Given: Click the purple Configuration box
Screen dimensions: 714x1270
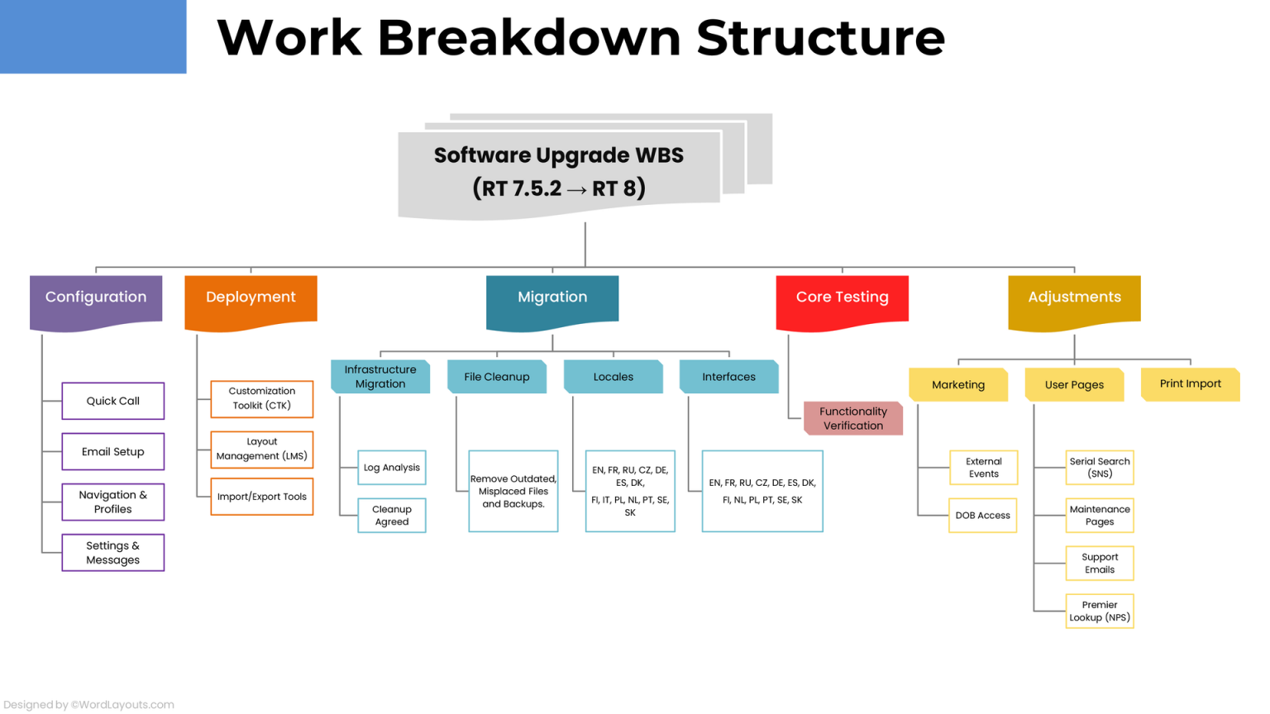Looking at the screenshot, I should coord(96,298).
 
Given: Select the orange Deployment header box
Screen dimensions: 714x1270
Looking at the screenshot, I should coord(251,298).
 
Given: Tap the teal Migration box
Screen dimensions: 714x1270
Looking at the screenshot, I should coord(552,298).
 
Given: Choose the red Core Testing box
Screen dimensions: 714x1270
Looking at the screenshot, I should coord(842,298).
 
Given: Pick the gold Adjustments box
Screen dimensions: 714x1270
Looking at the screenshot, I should coord(1074,298).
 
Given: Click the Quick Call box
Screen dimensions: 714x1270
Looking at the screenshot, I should coord(113,401).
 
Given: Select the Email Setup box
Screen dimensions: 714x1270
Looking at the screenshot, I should coord(113,451).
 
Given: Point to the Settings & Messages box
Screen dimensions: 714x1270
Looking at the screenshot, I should coord(113,552).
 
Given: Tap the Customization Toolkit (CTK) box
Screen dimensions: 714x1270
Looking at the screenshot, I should coord(262,398).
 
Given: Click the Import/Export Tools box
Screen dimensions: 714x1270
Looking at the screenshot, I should coord(262,497).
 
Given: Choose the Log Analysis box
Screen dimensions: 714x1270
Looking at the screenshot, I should coord(392,468).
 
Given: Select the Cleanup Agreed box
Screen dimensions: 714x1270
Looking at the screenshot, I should coord(392,516).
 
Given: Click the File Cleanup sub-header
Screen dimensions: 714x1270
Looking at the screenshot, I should coord(497,377).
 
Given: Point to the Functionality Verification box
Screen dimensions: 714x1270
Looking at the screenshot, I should coord(853,418).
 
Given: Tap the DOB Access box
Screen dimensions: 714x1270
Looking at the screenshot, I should coord(983,516).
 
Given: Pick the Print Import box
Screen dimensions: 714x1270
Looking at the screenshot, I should coord(1190,384).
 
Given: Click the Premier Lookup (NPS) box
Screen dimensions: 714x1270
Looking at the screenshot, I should coord(1100,612).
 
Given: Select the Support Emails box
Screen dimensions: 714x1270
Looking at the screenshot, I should coord(1100,564).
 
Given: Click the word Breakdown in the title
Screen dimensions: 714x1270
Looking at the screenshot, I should coord(529,38).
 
